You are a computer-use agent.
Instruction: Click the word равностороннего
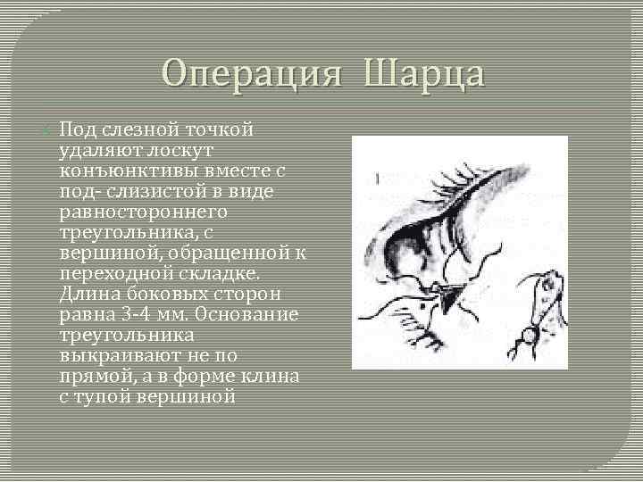144,212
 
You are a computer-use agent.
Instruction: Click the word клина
273,377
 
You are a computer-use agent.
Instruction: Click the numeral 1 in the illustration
378,179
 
